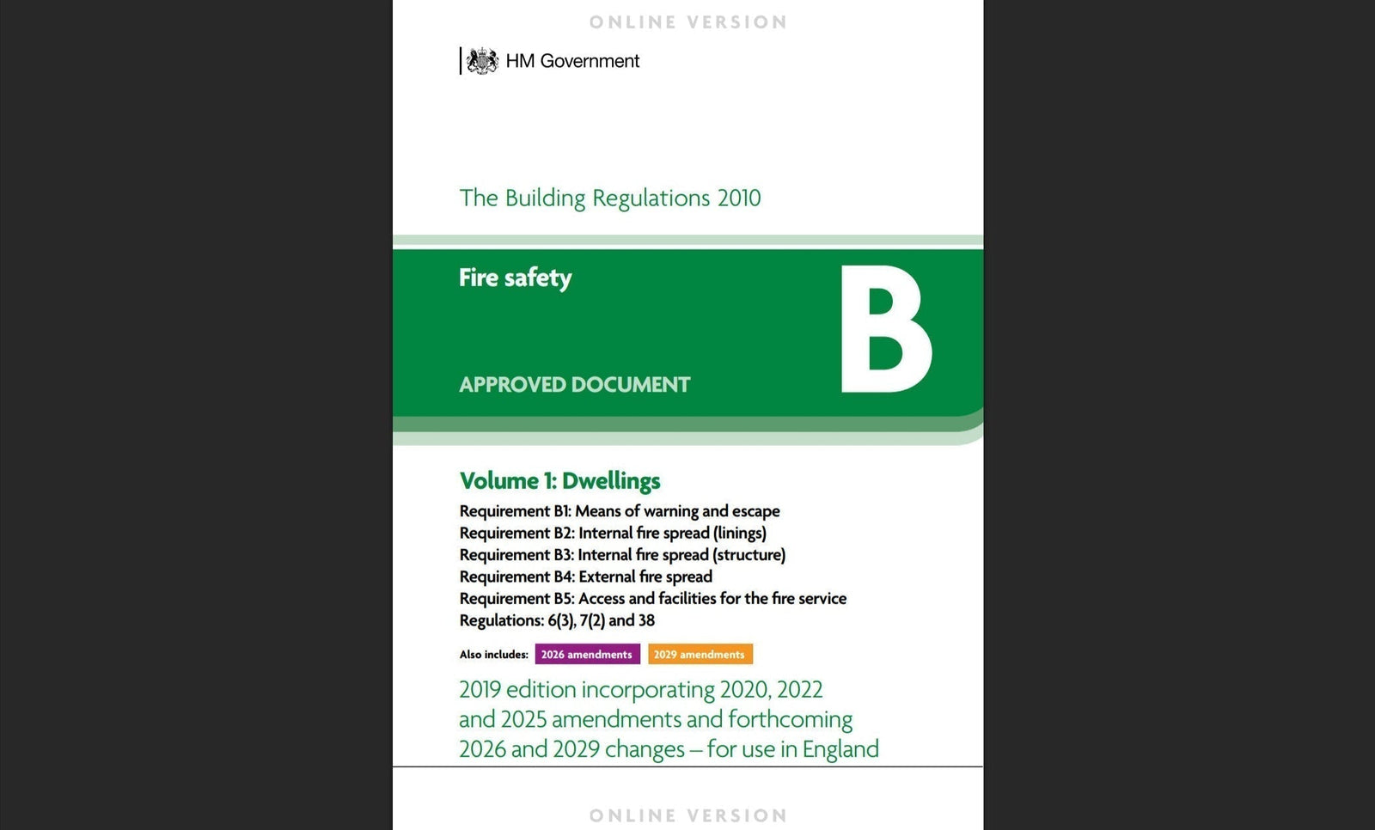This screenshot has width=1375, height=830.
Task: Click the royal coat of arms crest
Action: (x=482, y=61)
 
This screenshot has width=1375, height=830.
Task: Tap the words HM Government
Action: (x=572, y=61)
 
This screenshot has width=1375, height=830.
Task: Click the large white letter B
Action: (x=884, y=329)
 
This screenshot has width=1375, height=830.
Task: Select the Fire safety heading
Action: (x=515, y=278)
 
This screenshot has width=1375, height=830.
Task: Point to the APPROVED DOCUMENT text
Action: (x=574, y=384)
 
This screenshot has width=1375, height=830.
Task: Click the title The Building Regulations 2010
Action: (x=609, y=198)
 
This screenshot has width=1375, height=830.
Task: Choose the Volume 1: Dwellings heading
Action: (x=559, y=480)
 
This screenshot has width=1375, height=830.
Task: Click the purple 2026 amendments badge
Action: (x=587, y=654)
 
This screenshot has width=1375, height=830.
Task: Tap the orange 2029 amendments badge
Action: (x=700, y=654)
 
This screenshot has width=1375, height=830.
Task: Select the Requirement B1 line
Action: (x=620, y=511)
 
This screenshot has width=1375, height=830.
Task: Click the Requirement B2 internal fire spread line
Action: (x=613, y=533)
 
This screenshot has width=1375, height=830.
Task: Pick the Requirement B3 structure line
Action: (x=622, y=555)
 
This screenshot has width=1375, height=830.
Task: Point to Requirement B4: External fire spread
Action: (x=585, y=577)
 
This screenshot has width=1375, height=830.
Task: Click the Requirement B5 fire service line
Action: (x=652, y=598)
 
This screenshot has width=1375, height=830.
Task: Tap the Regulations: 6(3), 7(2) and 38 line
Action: (x=557, y=620)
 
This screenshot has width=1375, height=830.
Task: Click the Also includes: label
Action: (x=493, y=655)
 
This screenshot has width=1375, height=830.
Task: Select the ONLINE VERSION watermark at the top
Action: (x=687, y=22)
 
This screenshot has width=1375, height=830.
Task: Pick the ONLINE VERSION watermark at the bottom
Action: (x=687, y=815)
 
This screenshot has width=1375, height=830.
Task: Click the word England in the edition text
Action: (x=840, y=749)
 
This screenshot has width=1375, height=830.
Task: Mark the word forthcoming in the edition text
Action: (x=790, y=719)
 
